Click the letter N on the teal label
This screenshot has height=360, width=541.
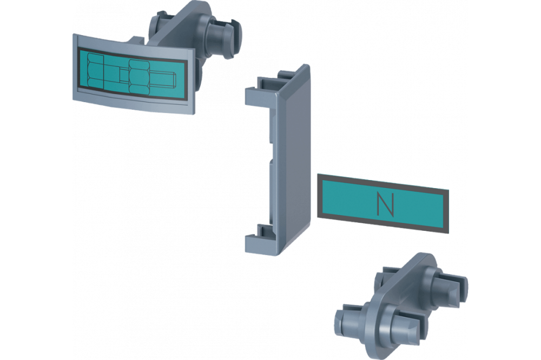tap(385, 204)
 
